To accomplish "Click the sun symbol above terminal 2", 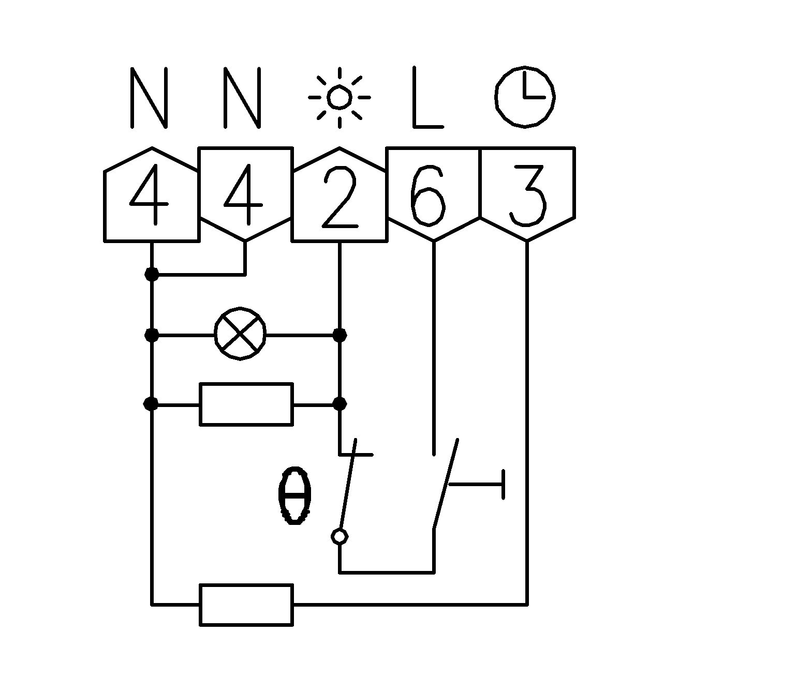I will tap(339, 97).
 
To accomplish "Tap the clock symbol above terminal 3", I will tap(525, 97).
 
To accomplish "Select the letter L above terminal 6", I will tap(427, 97).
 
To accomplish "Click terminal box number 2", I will tap(340, 197).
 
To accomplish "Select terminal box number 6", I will tap(433, 194).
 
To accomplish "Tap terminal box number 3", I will tap(527, 194).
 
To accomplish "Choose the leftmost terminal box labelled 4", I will tap(152, 197).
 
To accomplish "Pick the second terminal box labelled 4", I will tap(245, 194).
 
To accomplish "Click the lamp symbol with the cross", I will tap(240, 335).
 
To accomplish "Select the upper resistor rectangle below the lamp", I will tap(246, 404).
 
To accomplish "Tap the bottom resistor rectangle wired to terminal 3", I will tap(246, 605).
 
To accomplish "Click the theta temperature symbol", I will tap(294, 496).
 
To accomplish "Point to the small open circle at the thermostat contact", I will tap(340, 537).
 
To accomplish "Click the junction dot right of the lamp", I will tap(340, 335).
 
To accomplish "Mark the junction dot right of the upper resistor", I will tap(340, 403).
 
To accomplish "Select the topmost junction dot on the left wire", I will tap(152, 274).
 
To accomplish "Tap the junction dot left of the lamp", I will tap(152, 335).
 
